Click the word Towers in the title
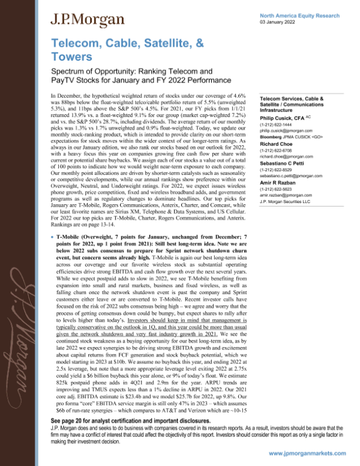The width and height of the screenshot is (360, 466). [x=71, y=58]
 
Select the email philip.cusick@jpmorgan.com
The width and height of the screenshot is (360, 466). [x=286, y=131]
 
